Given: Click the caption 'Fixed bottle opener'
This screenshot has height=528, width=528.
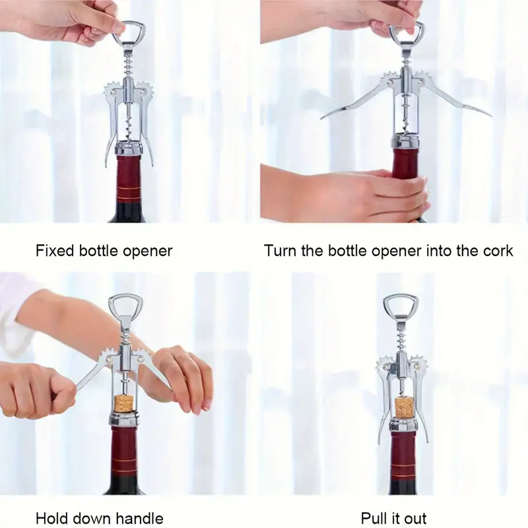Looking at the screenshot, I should pyautogui.click(x=104, y=251).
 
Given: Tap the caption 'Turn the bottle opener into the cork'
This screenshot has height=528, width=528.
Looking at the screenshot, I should pyautogui.click(x=388, y=251).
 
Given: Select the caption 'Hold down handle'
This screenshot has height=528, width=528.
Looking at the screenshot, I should pyautogui.click(x=99, y=517).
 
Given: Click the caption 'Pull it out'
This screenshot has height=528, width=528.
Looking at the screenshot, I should pyautogui.click(x=393, y=517).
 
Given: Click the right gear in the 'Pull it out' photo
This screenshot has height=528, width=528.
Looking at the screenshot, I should pyautogui.click(x=417, y=362).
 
